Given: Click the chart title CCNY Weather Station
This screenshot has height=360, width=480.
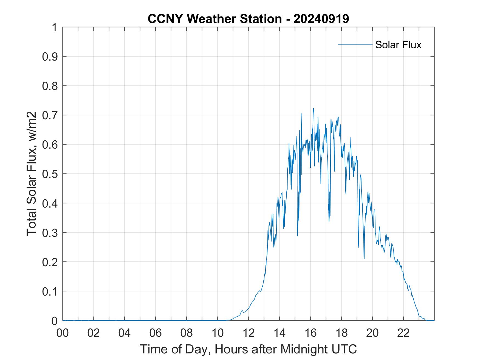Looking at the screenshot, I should [x=214, y=19].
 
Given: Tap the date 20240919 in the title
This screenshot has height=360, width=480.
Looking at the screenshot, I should [x=321, y=19].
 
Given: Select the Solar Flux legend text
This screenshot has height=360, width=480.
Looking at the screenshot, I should [x=398, y=44].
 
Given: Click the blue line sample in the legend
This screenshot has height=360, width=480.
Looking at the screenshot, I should [x=355, y=44].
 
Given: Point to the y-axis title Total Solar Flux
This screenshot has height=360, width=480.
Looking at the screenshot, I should [x=32, y=174].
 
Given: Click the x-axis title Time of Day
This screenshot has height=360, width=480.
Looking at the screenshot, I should [x=248, y=349].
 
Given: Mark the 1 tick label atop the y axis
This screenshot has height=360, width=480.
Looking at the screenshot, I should [x=54, y=27].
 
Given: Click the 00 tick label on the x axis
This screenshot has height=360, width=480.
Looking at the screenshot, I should [x=63, y=333].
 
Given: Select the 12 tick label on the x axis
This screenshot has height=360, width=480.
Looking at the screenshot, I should [x=249, y=333].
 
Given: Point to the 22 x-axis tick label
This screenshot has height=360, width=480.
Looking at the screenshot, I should [x=403, y=333].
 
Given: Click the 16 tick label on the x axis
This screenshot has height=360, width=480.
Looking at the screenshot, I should [x=310, y=333].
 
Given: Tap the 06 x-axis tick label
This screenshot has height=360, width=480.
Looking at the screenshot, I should [x=156, y=333].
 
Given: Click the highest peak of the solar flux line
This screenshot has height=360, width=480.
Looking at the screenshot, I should [x=313, y=108].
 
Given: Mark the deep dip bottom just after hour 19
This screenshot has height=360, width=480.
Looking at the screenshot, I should [x=364, y=258].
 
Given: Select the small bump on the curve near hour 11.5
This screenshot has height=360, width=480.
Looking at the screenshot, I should [x=242, y=310].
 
